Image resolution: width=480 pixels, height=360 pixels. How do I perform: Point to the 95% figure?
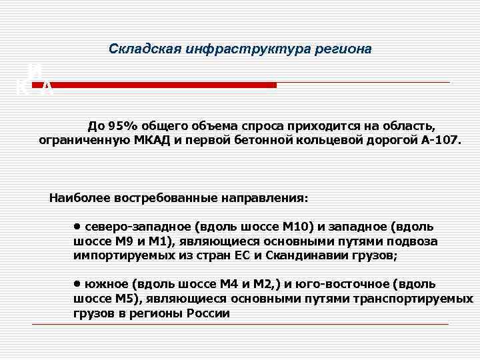118,127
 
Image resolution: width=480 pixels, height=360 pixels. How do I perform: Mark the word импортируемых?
121,255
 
